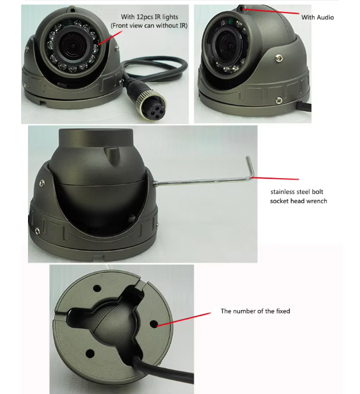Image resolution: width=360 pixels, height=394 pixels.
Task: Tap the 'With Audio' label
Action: (x=317, y=18)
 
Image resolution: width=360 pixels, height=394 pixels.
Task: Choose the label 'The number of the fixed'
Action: (x=255, y=311)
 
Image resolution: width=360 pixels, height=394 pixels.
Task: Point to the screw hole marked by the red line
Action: (x=154, y=323)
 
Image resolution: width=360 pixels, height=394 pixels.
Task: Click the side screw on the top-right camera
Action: (x=278, y=57)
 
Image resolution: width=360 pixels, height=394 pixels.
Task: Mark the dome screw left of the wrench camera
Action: (x=42, y=182)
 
